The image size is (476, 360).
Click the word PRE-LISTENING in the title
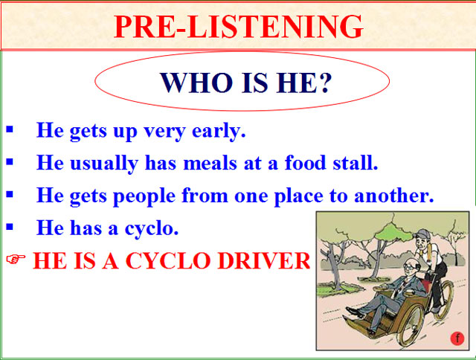(239, 27)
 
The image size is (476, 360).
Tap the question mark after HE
(324, 82)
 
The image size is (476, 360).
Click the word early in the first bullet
(220, 132)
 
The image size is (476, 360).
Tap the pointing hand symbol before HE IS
(16, 260)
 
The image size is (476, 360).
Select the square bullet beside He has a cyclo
(10, 227)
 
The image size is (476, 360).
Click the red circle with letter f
(457, 339)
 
